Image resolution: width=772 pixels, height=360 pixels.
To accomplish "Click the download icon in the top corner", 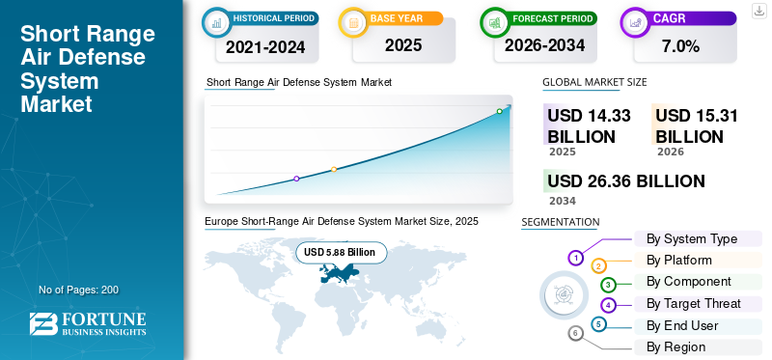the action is [758, 11].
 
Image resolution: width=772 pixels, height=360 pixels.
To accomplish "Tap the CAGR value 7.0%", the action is [681, 46].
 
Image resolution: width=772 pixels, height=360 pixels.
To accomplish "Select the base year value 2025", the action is [403, 45].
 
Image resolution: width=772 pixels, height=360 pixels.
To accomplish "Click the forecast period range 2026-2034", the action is [544, 45].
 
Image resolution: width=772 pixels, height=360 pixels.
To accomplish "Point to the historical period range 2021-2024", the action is [266, 47].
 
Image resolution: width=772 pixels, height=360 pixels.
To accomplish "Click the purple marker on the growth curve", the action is [296, 179].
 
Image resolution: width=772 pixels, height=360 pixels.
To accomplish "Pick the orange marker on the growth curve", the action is [334, 170].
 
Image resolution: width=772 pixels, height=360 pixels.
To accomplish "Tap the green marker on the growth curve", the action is [499, 111].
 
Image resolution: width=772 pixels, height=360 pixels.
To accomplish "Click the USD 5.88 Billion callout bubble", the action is [342, 253].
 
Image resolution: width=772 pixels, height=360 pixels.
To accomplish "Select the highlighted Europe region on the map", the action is [339, 273].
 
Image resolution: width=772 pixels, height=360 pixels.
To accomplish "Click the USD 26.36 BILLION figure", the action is [626, 180].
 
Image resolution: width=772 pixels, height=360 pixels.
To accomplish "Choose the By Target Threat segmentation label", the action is [693, 303].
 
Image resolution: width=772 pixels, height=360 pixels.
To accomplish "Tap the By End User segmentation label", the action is [682, 325].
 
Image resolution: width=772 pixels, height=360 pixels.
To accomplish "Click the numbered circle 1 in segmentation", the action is [575, 257].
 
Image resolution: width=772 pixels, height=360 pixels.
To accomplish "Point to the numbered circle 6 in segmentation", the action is [575, 334].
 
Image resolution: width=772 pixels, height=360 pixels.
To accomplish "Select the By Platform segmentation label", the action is [679, 260].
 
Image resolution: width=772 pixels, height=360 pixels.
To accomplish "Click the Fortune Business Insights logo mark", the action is [43, 324].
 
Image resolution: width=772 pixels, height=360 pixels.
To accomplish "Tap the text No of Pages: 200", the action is [79, 290].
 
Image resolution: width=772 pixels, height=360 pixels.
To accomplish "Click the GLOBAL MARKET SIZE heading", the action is [594, 82].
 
